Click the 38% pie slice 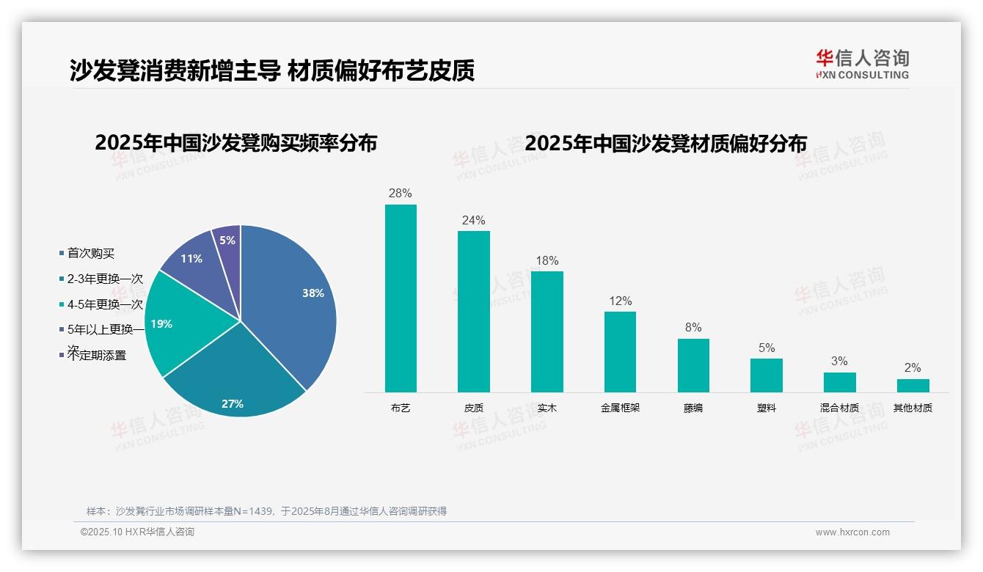(293, 301)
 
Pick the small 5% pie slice (228, 241)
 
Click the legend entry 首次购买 (91, 253)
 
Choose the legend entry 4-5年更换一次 (105, 304)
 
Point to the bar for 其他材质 (913, 386)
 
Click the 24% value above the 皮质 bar (473, 220)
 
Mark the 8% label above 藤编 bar (693, 328)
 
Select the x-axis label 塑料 (767, 408)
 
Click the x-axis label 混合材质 (839, 408)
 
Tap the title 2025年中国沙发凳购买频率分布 (235, 143)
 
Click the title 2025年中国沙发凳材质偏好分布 (666, 143)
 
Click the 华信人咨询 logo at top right (862, 64)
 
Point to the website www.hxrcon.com (852, 532)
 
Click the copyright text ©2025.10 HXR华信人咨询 (137, 532)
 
